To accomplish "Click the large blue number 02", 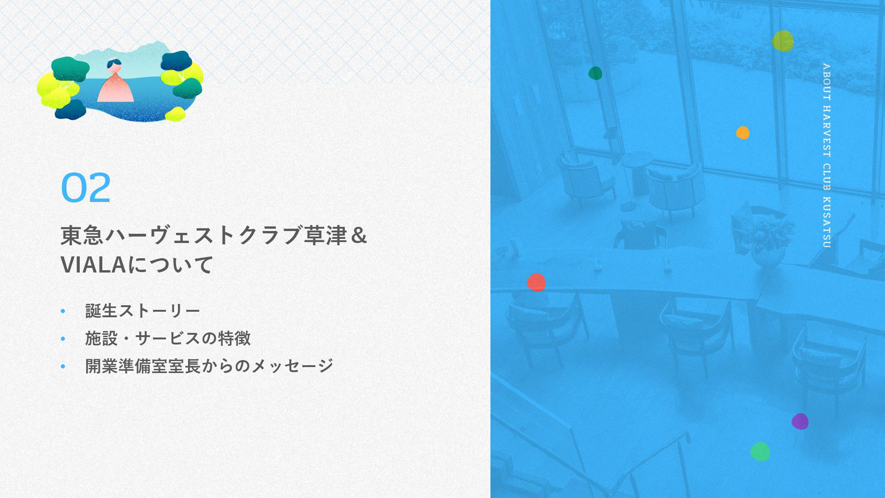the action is point(86,188).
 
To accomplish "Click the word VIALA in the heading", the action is point(94,265).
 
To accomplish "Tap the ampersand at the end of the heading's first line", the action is point(359,235).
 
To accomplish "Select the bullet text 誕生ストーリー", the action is point(142,311).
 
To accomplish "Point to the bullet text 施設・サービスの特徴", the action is point(168,338).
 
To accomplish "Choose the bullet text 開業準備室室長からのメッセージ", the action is point(209,366).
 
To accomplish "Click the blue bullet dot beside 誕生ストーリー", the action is point(63,311).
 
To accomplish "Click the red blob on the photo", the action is point(536,282).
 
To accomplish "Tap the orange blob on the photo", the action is point(743,133).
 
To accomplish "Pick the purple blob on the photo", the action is point(800,421).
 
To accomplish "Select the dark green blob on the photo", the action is point(595,73).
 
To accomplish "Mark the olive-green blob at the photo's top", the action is point(783,41).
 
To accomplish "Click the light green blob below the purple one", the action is point(760,451).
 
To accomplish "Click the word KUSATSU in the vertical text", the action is point(826,222).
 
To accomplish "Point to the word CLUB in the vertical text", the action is point(826,177).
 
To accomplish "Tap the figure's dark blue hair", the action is point(114,63).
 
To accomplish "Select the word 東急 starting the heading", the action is point(83,235).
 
